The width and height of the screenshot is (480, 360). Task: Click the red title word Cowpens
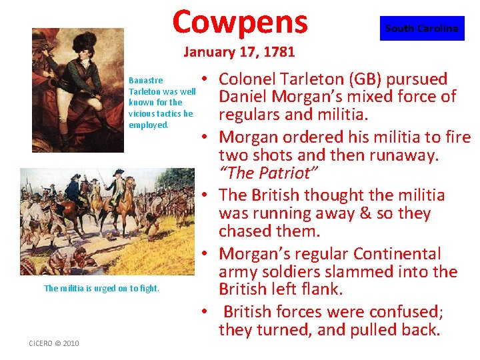[x=240, y=21]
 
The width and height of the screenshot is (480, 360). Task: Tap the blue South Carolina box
[x=422, y=29]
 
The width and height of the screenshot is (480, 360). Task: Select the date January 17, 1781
[x=239, y=51]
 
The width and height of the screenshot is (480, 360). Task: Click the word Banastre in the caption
[x=145, y=81]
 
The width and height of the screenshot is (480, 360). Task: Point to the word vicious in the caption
[x=144, y=113]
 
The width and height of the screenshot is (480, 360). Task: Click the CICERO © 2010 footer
[x=53, y=343]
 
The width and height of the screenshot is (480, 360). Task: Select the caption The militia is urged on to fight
[x=101, y=288]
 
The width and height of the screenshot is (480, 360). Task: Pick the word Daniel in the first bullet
[x=245, y=97]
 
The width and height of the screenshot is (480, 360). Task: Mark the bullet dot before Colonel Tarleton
[x=207, y=79]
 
